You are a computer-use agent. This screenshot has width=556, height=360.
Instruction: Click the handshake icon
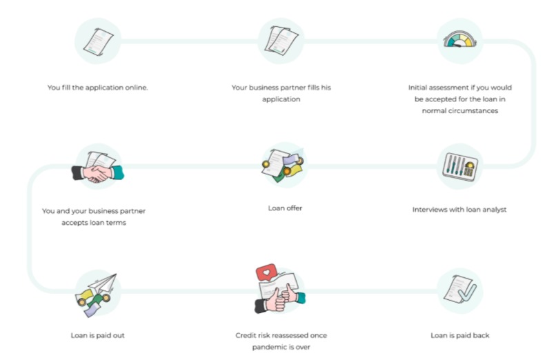pos(98,168)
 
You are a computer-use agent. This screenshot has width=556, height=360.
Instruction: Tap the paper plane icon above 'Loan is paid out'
pos(98,292)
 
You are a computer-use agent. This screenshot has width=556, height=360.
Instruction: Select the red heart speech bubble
pos(264,273)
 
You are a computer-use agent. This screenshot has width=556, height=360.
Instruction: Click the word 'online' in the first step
pos(135,88)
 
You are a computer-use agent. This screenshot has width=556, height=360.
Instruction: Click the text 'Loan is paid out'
pos(97,336)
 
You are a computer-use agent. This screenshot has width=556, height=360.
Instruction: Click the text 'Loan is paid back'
pos(459,336)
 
